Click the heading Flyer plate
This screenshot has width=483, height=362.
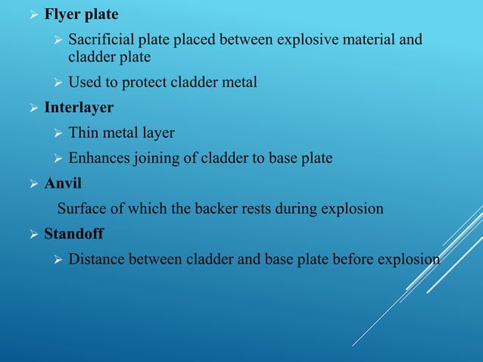pyautogui.click(x=81, y=14)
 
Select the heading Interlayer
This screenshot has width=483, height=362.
pyautogui.click(x=79, y=108)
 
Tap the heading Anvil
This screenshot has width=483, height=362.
pyautogui.click(x=63, y=183)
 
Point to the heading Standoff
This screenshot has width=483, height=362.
pyautogui.click(x=74, y=234)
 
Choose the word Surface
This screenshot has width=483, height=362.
pyautogui.click(x=83, y=208)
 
